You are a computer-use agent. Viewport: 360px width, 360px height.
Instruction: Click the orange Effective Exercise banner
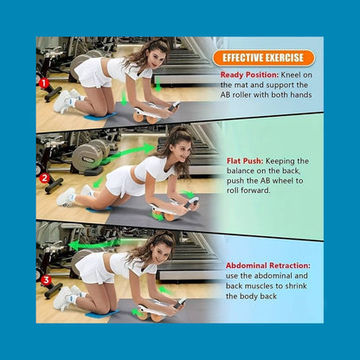coord(263,58)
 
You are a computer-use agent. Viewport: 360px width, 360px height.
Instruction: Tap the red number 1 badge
coord(44,83)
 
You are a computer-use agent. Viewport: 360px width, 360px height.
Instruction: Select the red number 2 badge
coord(44,178)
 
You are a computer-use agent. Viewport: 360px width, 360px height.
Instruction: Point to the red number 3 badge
coord(46,280)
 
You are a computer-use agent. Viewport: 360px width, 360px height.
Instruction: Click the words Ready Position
coord(249,74)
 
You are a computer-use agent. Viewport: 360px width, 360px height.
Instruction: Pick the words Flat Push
coord(245,161)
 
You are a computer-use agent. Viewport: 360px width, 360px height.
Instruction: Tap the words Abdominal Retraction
coord(268,266)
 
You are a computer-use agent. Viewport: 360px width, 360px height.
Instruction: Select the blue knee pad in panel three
coord(102,313)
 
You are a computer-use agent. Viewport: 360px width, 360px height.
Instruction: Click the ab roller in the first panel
coord(156,112)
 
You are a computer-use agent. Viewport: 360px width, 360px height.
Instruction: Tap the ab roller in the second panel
coord(174,208)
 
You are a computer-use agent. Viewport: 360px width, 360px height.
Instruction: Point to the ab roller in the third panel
coord(161,309)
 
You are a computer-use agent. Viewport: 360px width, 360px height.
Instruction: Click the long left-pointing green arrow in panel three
coord(94,245)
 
